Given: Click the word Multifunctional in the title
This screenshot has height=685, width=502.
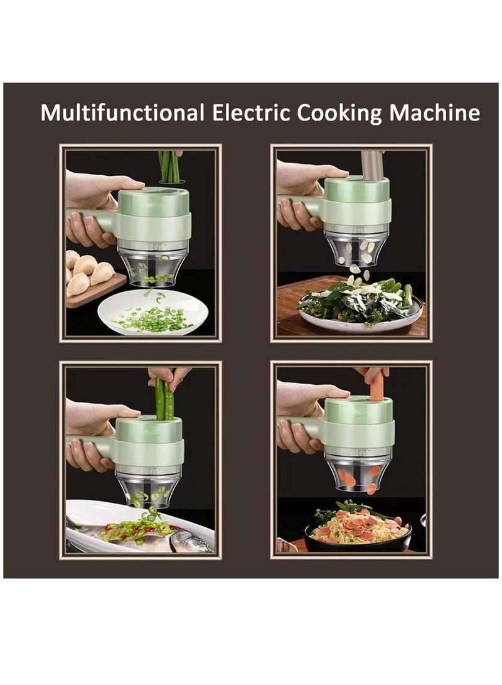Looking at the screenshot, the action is pos(122,113).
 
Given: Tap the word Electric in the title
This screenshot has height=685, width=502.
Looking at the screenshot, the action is pos(251,113).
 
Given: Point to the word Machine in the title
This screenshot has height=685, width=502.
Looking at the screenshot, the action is pos(434,113).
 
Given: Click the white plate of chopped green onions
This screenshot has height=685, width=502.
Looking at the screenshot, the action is pos(152,311).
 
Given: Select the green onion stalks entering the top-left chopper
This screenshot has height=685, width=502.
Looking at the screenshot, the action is pos(170,166).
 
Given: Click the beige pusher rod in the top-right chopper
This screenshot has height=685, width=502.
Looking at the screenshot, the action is pos(371,165).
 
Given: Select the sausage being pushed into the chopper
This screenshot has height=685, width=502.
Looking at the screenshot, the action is pos(377,387).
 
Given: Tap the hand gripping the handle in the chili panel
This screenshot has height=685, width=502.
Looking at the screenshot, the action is pos(87,455).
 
